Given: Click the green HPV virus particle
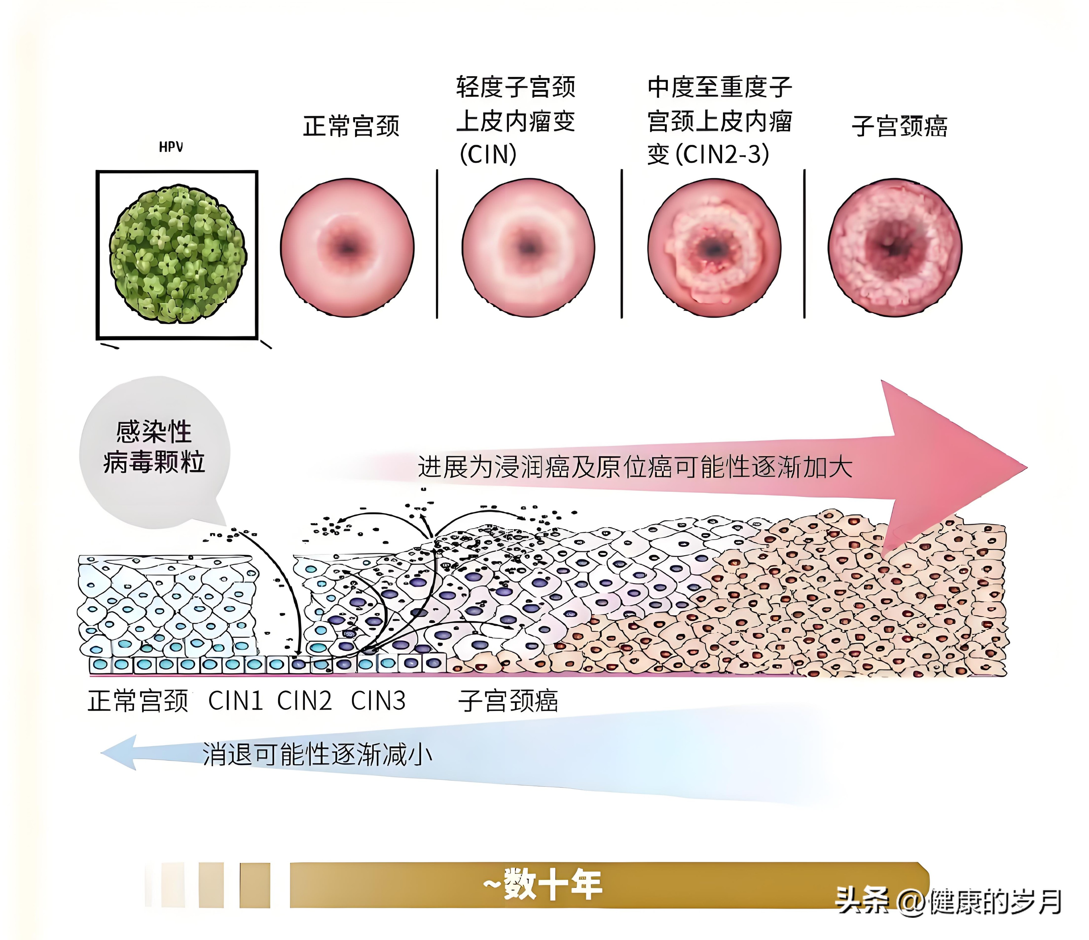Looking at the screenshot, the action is click(x=178, y=254).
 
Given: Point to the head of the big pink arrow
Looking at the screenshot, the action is click(x=1027, y=467).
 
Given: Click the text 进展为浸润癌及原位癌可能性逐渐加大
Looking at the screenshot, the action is click(x=635, y=467).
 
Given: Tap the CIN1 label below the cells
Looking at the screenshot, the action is click(x=235, y=701).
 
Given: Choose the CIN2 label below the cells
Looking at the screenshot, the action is click(x=304, y=701).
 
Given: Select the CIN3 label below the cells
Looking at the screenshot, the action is click(x=379, y=701).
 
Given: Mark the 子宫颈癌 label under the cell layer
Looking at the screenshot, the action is click(x=508, y=701).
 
